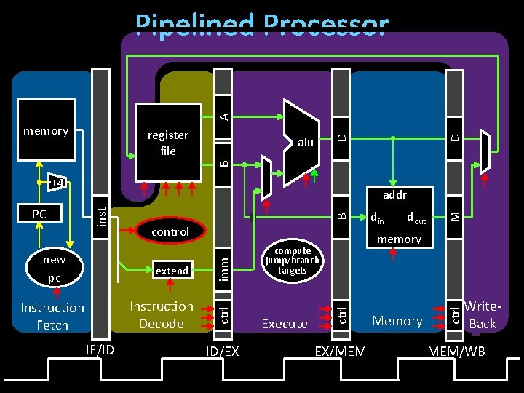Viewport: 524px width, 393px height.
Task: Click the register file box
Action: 167,143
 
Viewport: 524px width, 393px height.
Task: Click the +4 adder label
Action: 57,182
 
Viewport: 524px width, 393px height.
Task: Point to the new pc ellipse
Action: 53,269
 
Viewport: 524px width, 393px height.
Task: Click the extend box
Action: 172,271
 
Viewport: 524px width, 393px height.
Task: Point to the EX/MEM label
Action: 340,352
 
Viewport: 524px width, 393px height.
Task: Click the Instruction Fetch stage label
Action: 52,317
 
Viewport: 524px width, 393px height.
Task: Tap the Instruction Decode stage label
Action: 161,315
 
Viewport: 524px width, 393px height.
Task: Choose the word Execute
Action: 284,324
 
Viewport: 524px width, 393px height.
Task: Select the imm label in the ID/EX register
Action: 225,271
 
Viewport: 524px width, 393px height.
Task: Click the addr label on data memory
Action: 394,195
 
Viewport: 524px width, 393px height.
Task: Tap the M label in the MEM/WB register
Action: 454,214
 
